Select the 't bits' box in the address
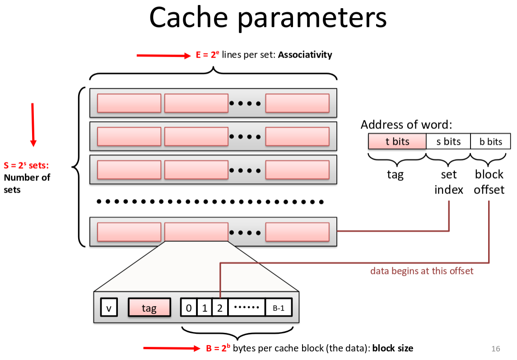pos(397,142)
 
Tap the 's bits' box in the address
pos(448,142)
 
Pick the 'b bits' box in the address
pos(490,142)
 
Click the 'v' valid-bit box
pos(108,308)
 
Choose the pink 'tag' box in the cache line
pos(149,308)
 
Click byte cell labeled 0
pos(189,308)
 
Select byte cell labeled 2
pos(220,308)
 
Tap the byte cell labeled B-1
pos(279,308)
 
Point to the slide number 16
pos(495,349)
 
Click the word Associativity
pos(305,55)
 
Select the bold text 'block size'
pos(392,348)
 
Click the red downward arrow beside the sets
pos(33,124)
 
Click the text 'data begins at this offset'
pos(422,271)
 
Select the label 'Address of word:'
pos(406,125)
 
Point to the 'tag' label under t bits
pos(395,175)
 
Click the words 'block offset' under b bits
pos(489,182)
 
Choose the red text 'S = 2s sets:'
pos(26,166)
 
